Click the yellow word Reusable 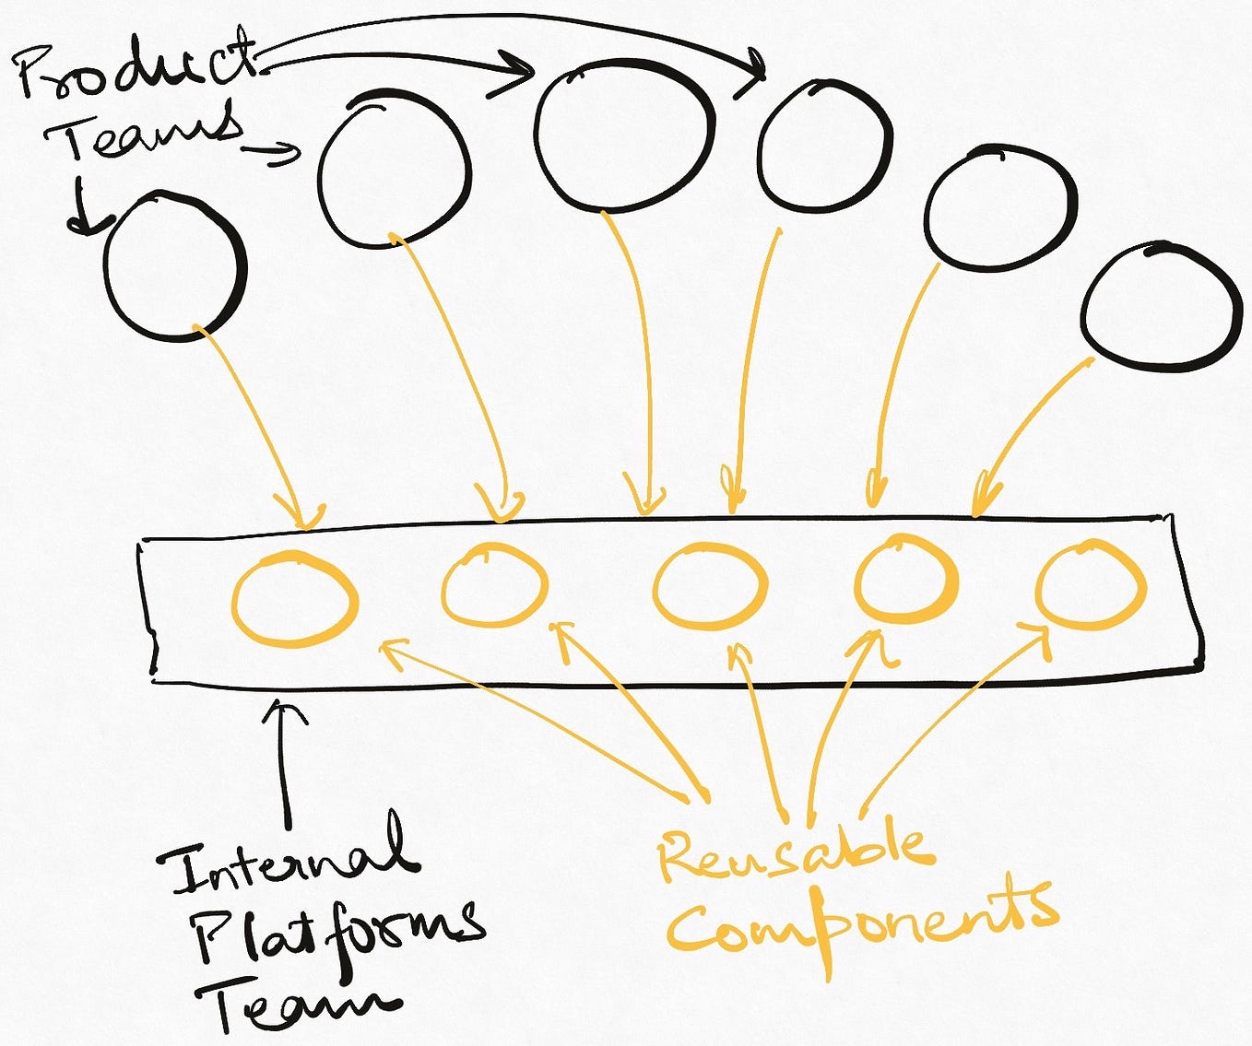(793, 852)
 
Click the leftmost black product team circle (174, 267)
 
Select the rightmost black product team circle (1161, 309)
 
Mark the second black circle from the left (394, 168)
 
